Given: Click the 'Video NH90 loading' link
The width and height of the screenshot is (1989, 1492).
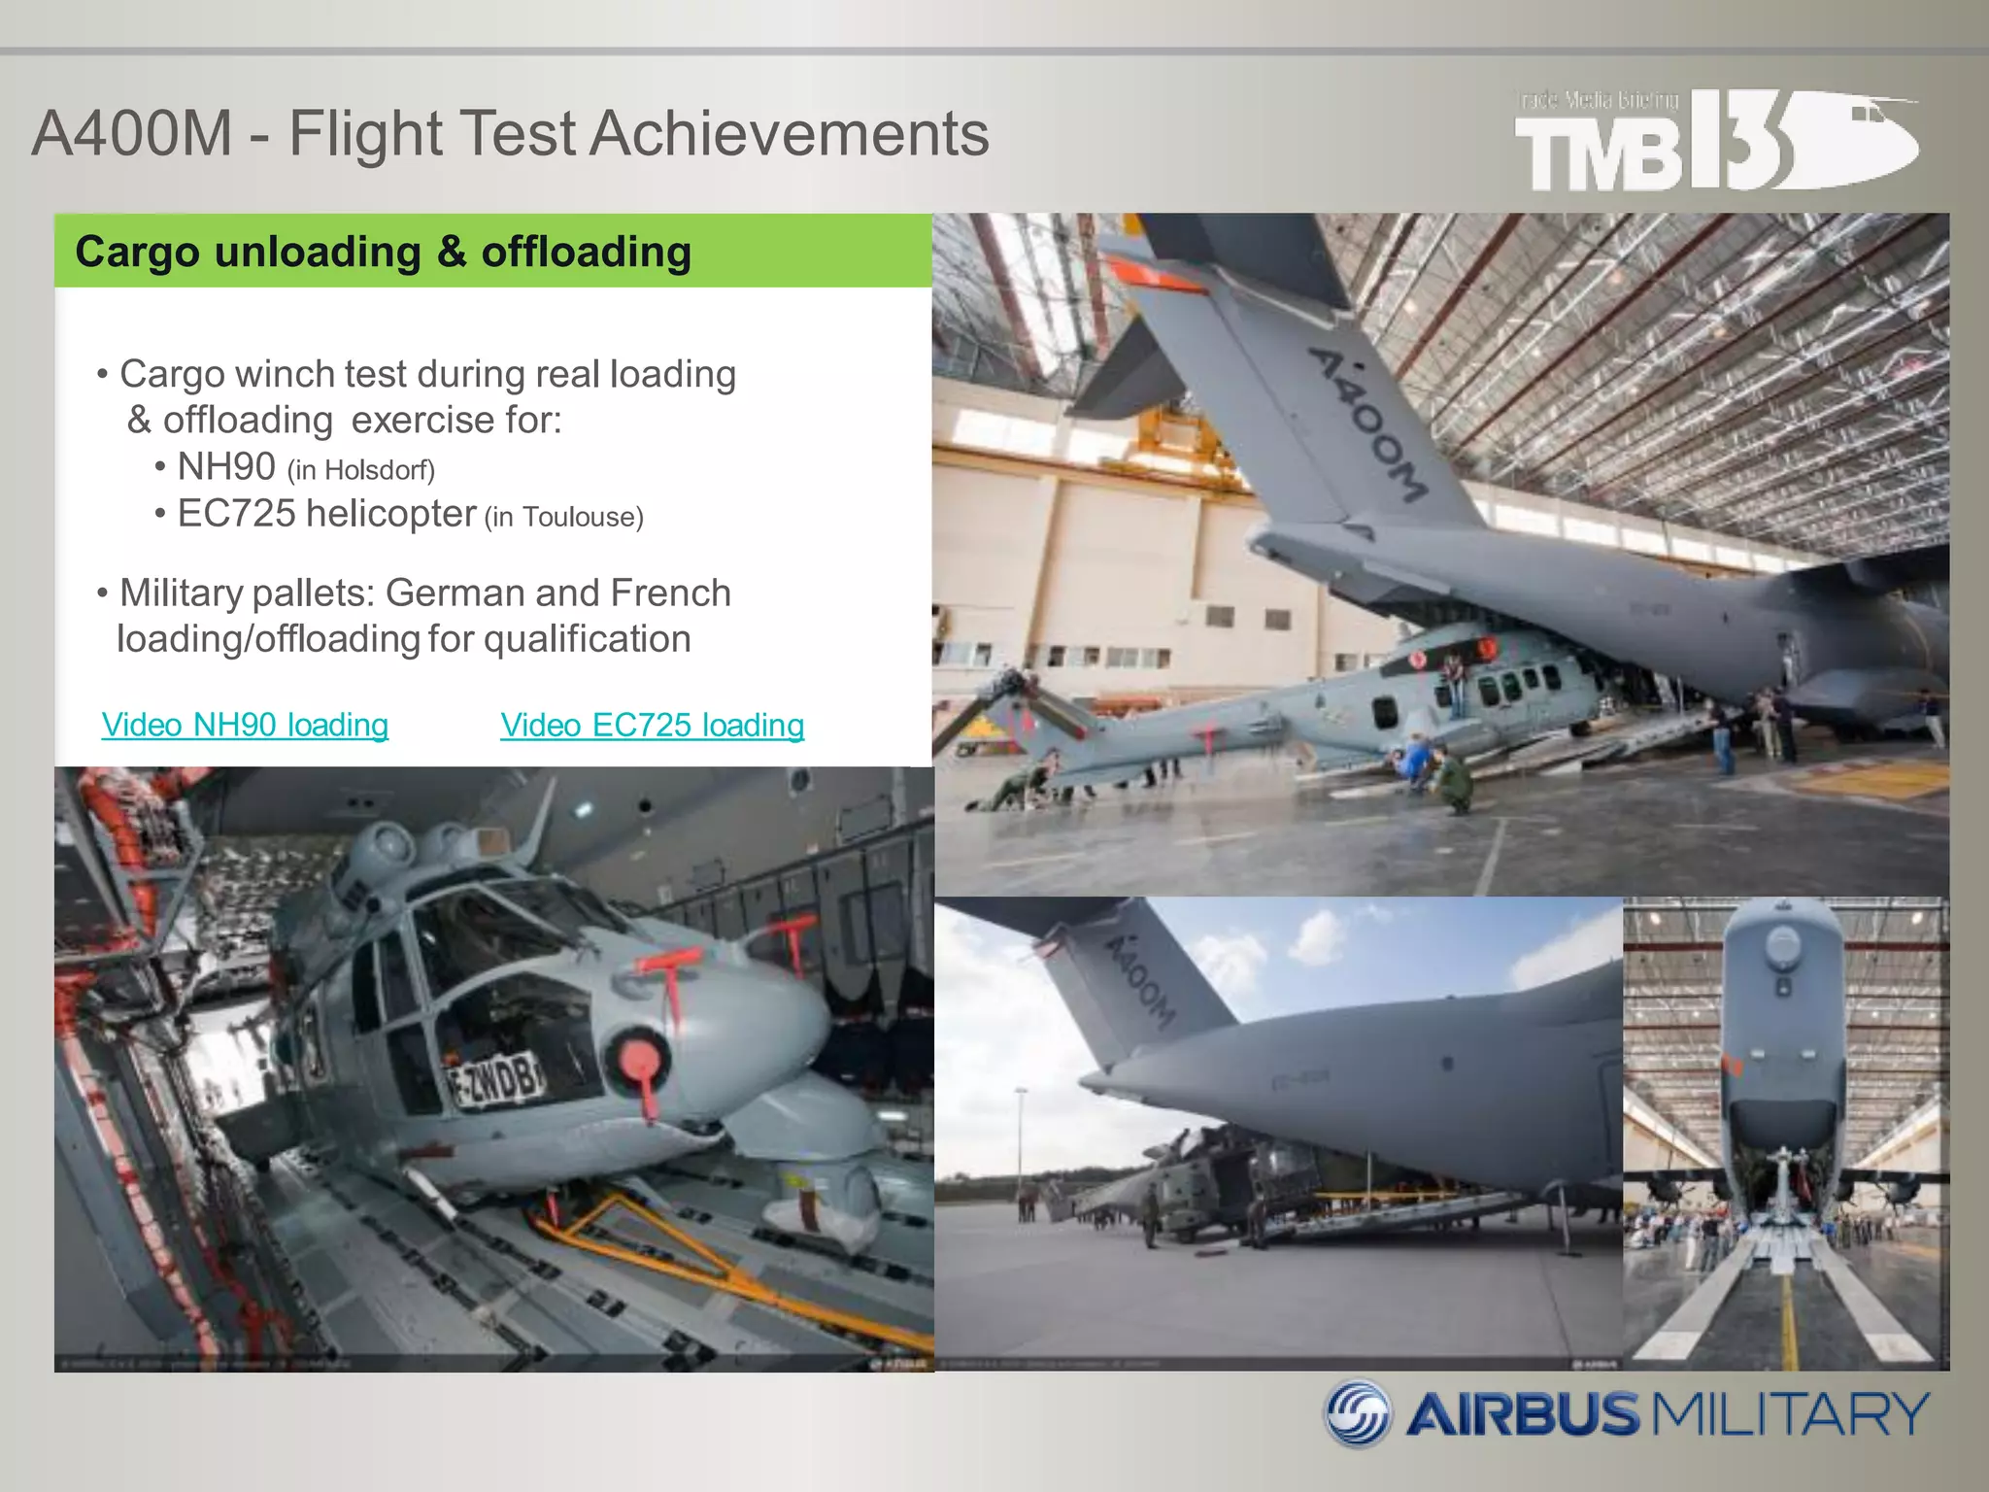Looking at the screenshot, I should (245, 726).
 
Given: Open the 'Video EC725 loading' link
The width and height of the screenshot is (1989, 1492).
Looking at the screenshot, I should (652, 726).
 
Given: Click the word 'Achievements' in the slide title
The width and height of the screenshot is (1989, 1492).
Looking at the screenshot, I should (789, 133).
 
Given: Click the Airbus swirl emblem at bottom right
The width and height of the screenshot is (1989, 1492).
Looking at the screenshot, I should (1359, 1413).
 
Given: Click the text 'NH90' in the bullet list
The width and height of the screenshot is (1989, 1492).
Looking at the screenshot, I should (226, 467).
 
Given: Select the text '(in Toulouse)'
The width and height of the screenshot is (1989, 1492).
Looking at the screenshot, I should (563, 517).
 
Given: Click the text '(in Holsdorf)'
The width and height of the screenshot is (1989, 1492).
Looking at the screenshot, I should (360, 471).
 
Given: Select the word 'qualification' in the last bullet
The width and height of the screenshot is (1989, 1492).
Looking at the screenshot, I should (587, 640).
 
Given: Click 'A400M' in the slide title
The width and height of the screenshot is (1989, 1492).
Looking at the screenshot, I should (132, 133).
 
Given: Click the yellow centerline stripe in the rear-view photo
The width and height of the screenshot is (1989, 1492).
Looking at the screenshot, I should (1788, 1321).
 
